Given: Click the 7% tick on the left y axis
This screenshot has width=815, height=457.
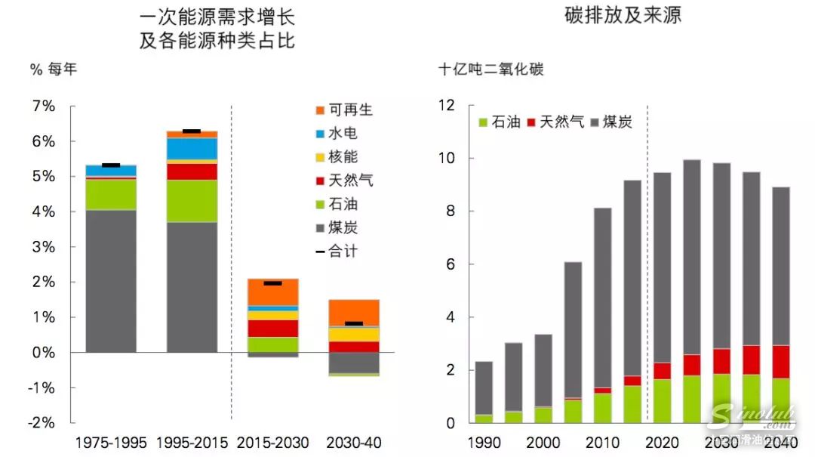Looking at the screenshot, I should pos(44,107).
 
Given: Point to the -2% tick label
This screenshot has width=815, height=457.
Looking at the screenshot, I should pos(42,423).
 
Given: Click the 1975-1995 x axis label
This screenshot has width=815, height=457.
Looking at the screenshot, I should pos(110,443).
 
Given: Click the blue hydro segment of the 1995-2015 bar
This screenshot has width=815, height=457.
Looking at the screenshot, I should pos(192,149).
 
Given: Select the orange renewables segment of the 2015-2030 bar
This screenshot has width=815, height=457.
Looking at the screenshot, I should pos(272,292).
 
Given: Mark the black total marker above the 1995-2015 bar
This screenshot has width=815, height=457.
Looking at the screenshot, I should pos(192,131).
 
